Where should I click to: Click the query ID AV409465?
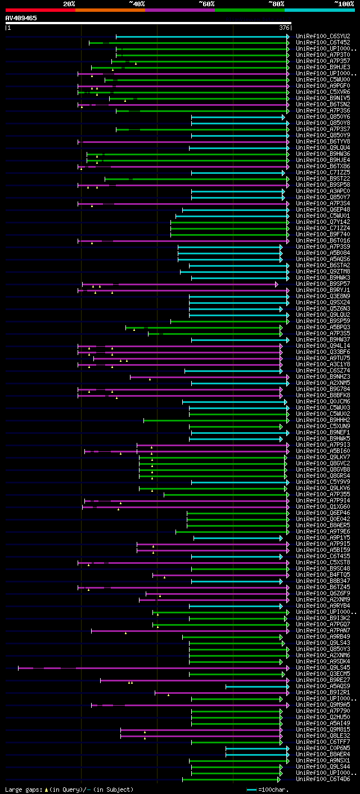[21, 18]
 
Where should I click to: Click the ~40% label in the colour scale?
[137, 3]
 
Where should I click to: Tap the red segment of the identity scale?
[40, 10]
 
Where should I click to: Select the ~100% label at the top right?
[344, 3]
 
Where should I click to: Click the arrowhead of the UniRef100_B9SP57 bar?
[277, 284]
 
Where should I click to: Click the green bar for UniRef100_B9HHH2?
[214, 420]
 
